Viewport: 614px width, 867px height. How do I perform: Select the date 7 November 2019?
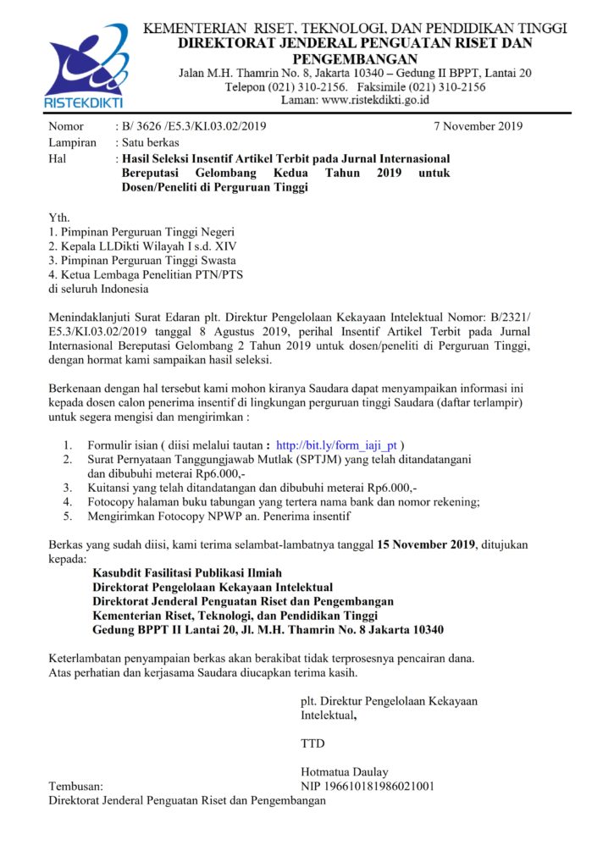478,127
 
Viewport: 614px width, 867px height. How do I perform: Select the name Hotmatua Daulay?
345,771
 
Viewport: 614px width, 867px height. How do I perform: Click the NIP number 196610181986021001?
368,786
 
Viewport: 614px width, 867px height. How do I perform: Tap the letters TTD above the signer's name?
313,743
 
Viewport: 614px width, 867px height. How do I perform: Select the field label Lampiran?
72,142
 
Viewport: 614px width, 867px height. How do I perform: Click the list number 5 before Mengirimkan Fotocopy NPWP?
67,516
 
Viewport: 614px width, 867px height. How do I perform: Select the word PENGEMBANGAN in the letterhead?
355,58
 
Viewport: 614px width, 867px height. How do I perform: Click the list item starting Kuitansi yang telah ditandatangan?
252,487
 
